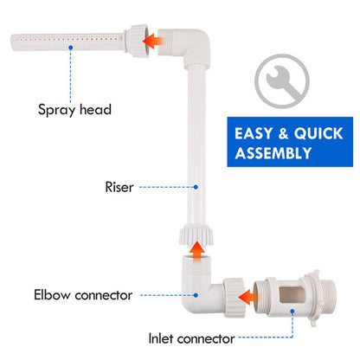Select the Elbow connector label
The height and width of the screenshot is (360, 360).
tap(83, 295)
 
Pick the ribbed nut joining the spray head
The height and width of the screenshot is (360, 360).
tap(134, 40)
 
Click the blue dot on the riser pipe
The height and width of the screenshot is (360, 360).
tap(196, 185)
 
